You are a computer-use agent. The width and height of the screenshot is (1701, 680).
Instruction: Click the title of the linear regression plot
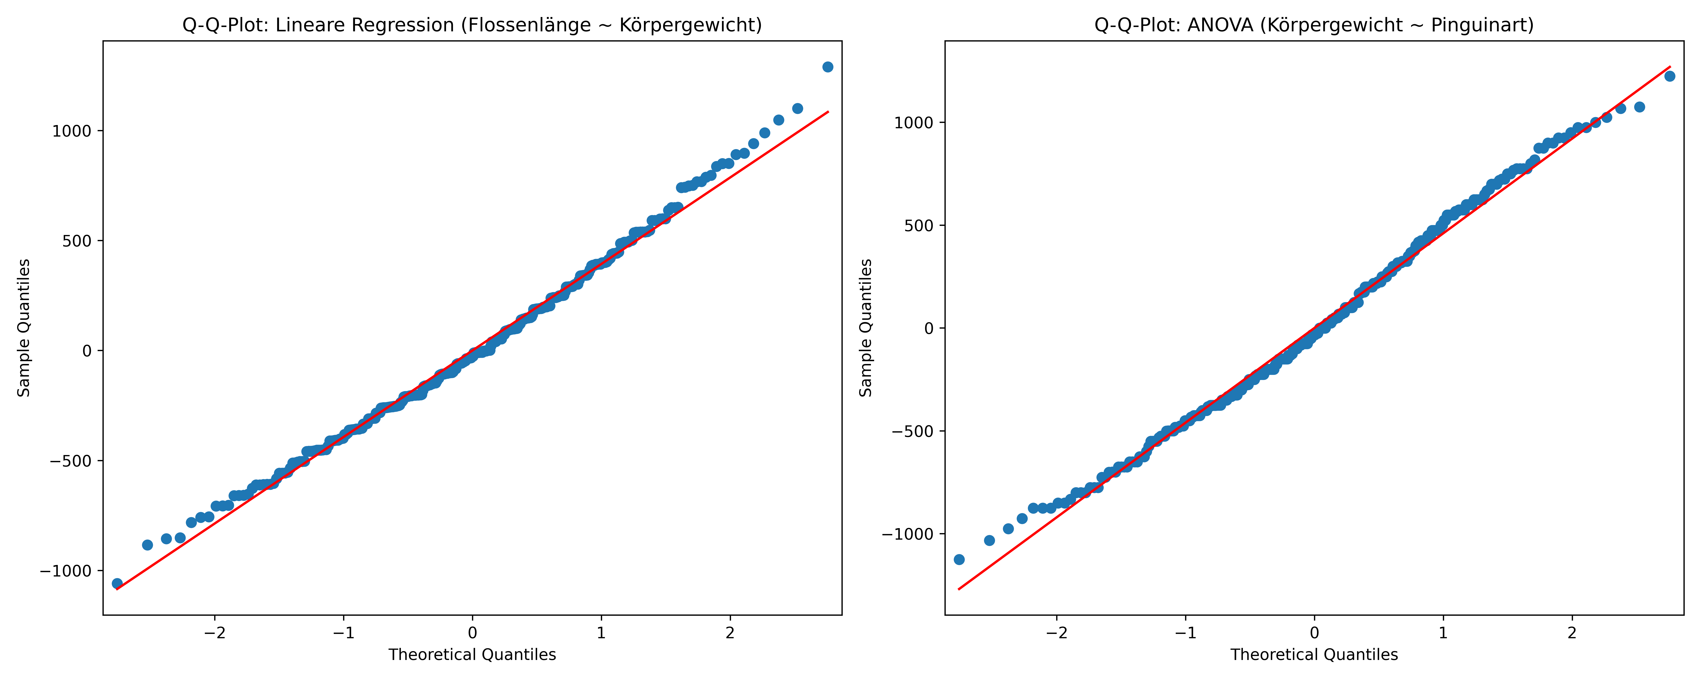(472, 25)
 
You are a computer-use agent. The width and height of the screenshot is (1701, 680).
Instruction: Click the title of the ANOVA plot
(1314, 25)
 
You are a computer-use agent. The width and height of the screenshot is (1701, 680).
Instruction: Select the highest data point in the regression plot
(827, 67)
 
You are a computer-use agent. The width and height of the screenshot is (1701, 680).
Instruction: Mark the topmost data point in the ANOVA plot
(1670, 76)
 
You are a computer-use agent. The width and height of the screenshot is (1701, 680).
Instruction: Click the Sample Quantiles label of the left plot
(24, 328)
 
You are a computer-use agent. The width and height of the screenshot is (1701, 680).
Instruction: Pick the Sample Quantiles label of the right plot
(866, 328)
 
